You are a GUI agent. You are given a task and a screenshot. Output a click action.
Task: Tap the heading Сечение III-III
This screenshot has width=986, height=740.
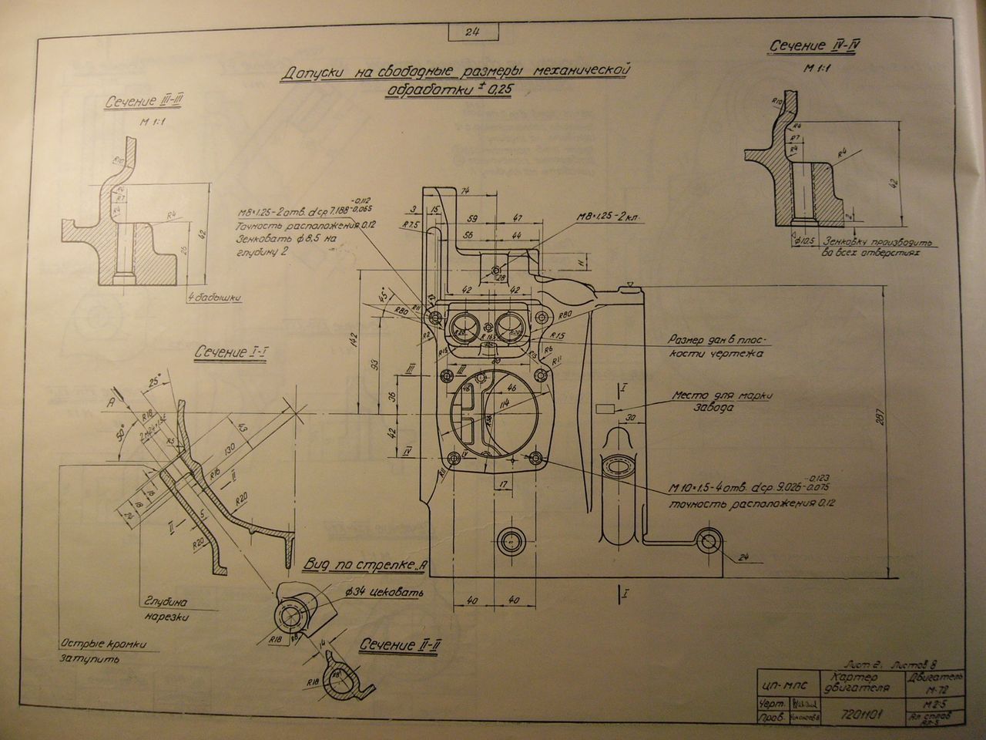(147, 103)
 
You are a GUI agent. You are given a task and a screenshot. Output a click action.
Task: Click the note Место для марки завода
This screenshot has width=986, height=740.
(720, 401)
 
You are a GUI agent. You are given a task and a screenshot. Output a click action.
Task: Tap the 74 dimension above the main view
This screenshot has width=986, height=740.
(464, 191)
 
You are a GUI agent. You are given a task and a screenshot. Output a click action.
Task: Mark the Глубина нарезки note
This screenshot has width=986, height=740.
(165, 608)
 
